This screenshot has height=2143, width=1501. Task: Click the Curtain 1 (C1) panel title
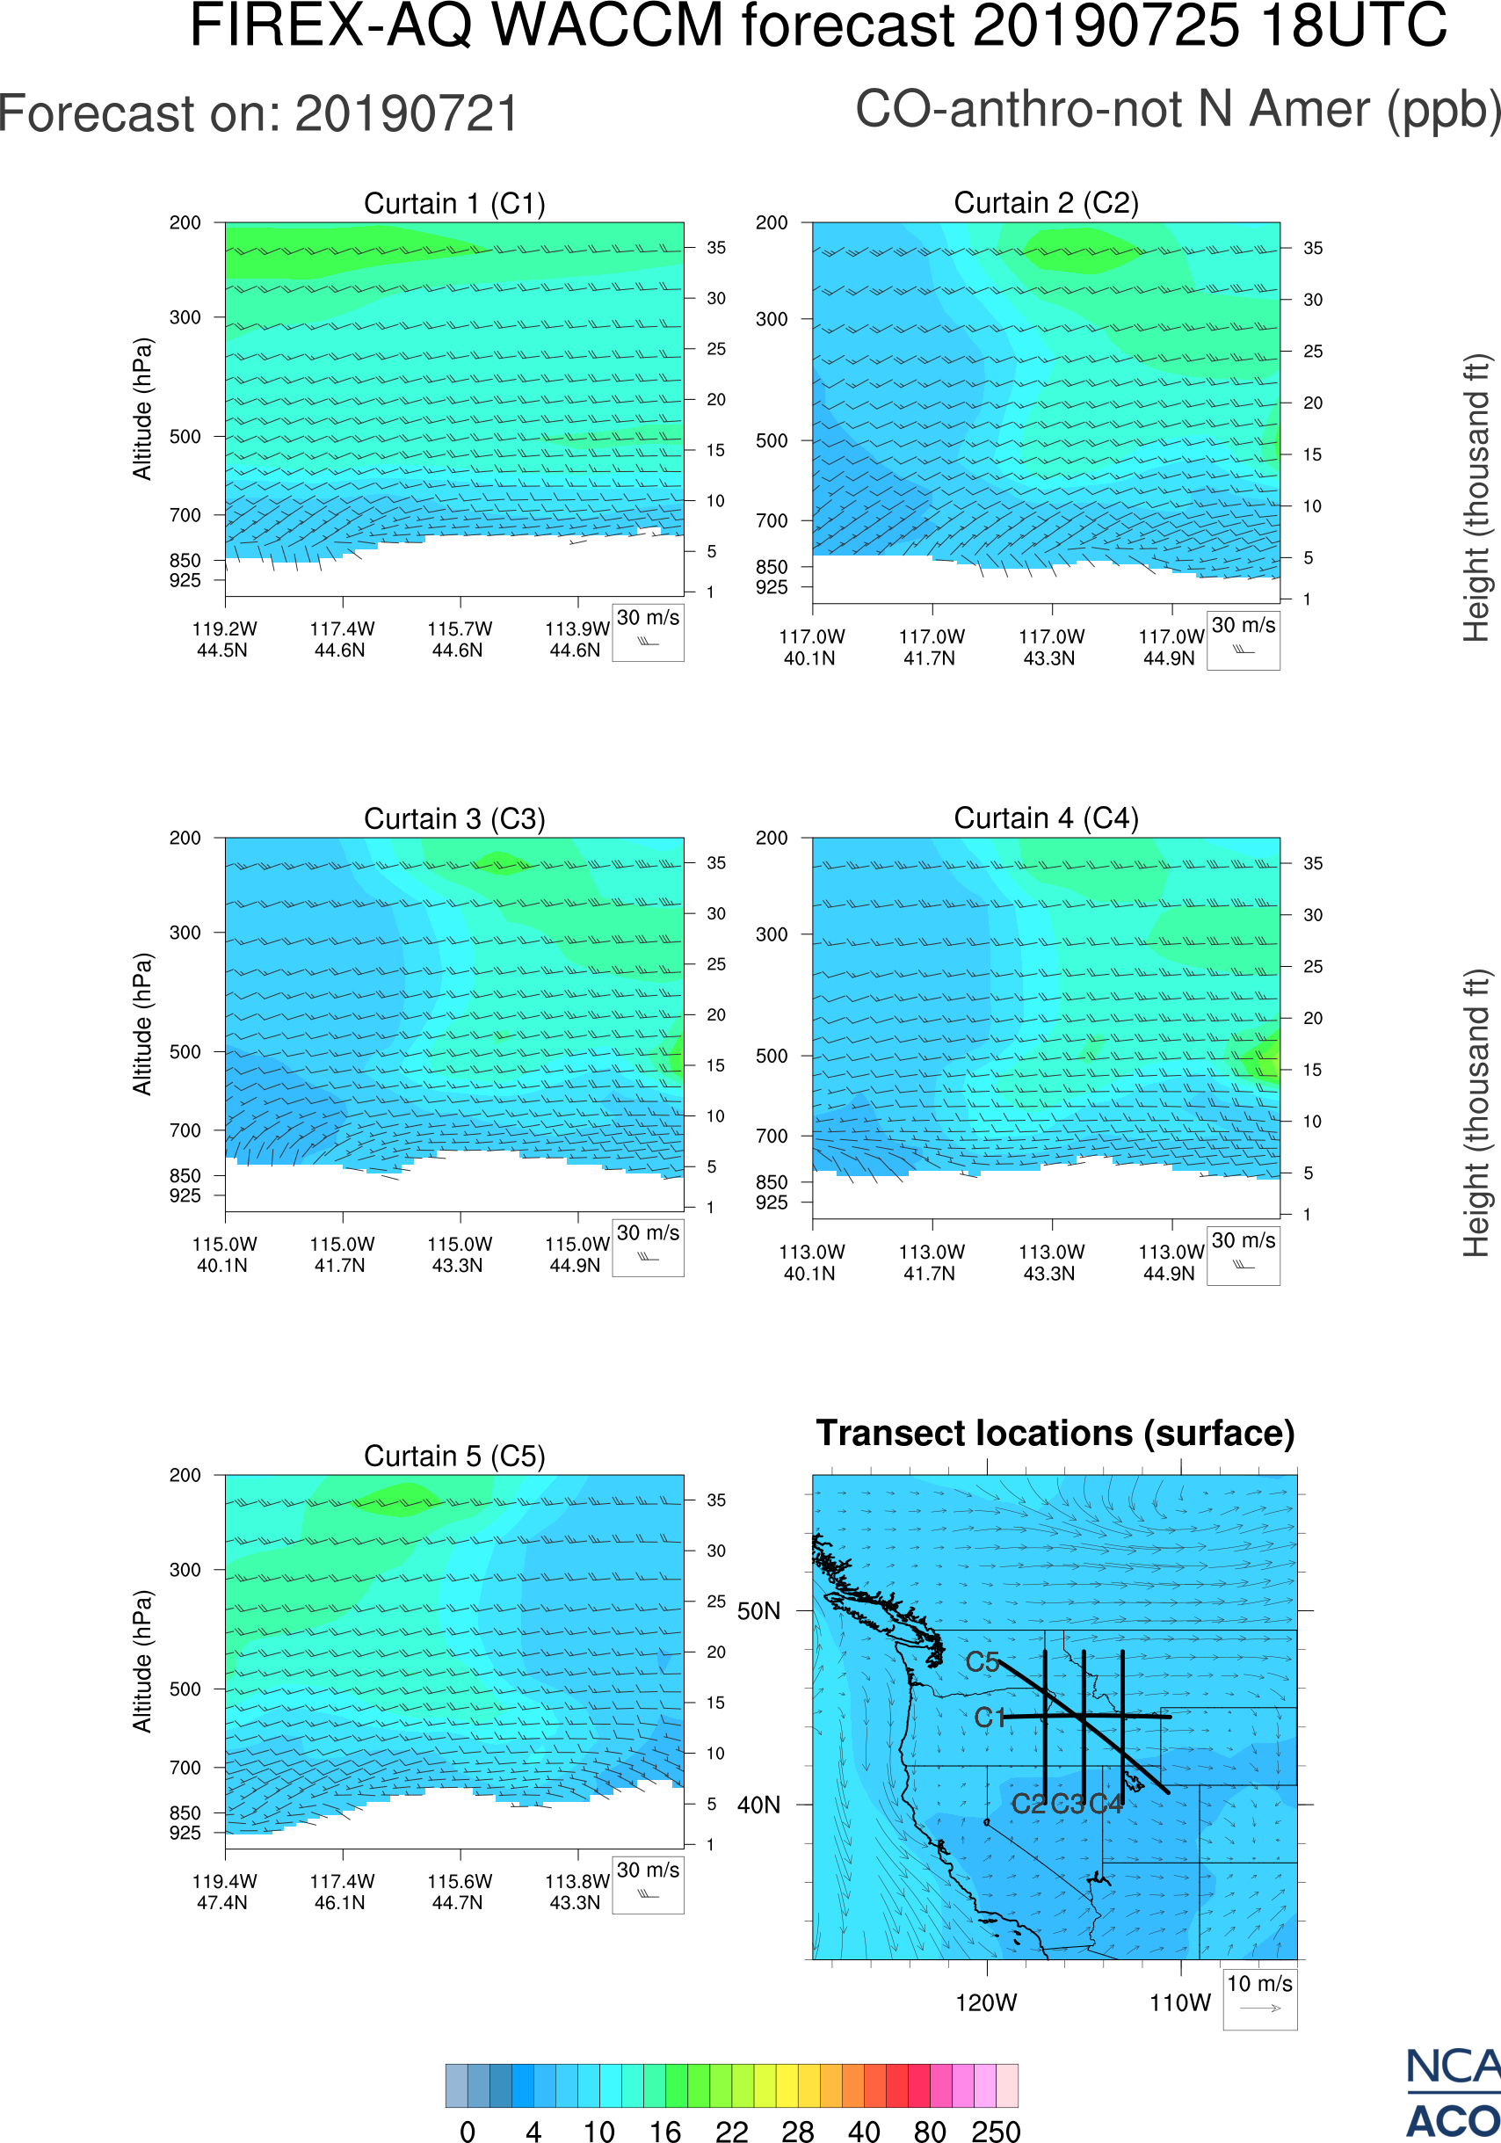(x=454, y=203)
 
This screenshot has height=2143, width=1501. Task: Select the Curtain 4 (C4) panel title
(x=1046, y=817)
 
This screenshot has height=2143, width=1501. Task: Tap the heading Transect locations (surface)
(x=1055, y=1433)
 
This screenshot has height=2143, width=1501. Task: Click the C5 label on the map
(x=983, y=1662)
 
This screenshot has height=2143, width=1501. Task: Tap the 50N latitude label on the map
(x=758, y=1611)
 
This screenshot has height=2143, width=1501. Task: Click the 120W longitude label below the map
(x=986, y=2003)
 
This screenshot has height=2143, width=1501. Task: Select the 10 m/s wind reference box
(x=1259, y=1998)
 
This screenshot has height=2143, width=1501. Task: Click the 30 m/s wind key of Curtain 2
(x=1243, y=639)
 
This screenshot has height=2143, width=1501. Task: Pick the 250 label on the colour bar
(x=996, y=2131)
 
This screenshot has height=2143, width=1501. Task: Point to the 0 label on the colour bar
(x=468, y=2131)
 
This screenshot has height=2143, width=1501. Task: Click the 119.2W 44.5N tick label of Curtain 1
(x=224, y=639)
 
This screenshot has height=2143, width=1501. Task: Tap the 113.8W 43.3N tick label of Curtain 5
(x=576, y=1892)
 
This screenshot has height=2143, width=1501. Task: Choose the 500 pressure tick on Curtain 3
(x=185, y=1051)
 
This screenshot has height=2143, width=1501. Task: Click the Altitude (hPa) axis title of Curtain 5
(x=141, y=1662)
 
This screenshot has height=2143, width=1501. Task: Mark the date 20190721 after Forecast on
(x=407, y=114)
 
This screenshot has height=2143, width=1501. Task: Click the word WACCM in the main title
(x=607, y=25)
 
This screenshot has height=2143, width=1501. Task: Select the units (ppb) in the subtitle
(x=1443, y=109)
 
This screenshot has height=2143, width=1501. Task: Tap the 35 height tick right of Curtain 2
(x=1313, y=248)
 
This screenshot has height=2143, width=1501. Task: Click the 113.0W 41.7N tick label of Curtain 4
(x=931, y=1262)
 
